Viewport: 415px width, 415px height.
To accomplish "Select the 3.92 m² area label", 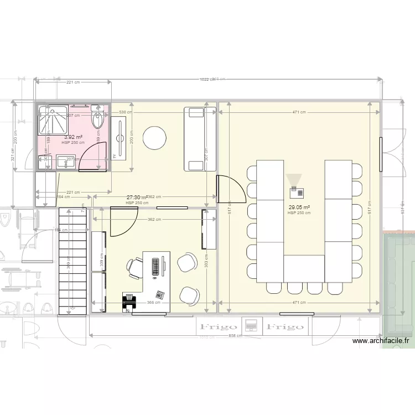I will pyautogui.click(x=73, y=137).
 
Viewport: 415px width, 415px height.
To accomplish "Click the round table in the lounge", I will pyautogui.click(x=155, y=137).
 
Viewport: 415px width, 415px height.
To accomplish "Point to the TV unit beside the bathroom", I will pyautogui.click(x=120, y=138).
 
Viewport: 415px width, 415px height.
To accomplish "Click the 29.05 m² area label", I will pyautogui.click(x=299, y=208).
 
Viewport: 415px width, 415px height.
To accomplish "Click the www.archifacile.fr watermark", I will pyautogui.click(x=382, y=341).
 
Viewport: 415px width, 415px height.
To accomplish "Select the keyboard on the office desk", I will pyautogui.click(x=155, y=266).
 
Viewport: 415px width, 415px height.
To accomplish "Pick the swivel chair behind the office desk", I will pyautogui.click(x=134, y=267).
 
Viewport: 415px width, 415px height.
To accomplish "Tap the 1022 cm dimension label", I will pyautogui.click(x=207, y=80).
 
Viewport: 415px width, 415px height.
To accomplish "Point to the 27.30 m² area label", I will pyautogui.click(x=137, y=198).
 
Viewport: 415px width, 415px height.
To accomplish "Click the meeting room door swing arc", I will pyautogui.click(x=229, y=189).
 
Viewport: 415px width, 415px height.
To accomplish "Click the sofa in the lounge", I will pyautogui.click(x=195, y=139).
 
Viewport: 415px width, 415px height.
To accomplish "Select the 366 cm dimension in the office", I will pyautogui.click(x=154, y=303).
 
